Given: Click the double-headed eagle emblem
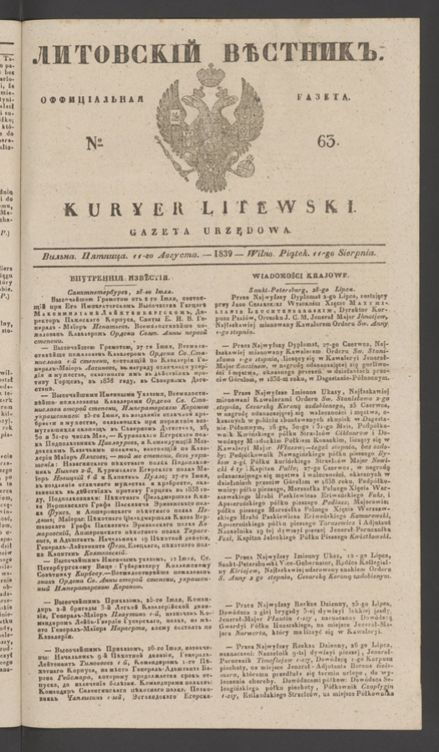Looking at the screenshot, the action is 209,125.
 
